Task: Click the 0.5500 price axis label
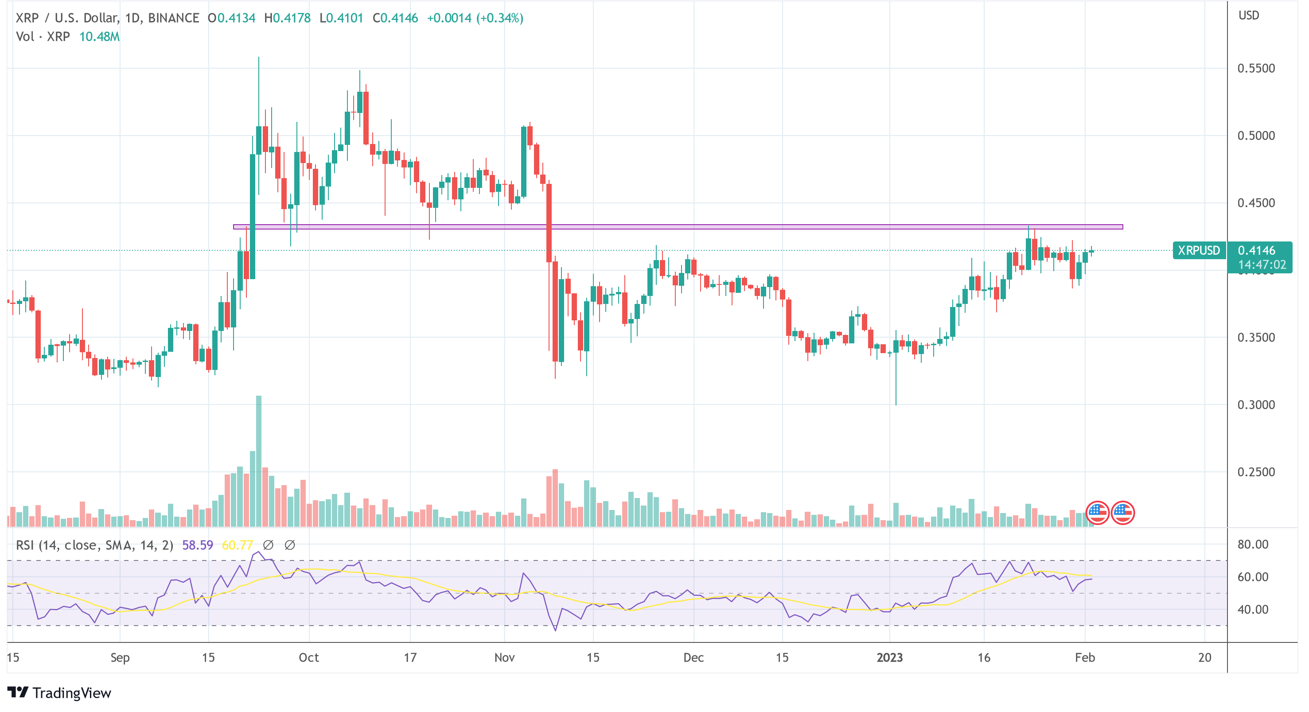coord(1256,69)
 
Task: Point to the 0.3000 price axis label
coord(1256,405)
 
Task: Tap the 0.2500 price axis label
coord(1256,472)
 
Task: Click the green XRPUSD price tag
coord(1198,250)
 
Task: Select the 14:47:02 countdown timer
coord(1261,265)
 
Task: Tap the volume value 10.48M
coord(99,37)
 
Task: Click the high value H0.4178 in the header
coord(287,18)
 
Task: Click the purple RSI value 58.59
coord(197,545)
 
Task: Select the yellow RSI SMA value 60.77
coord(238,545)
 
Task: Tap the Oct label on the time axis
coord(308,658)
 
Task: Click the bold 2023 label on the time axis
coord(889,658)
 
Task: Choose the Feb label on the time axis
coord(1084,658)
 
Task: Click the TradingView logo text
coord(71,693)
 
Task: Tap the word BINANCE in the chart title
coord(173,18)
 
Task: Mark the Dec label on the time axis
coord(693,658)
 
